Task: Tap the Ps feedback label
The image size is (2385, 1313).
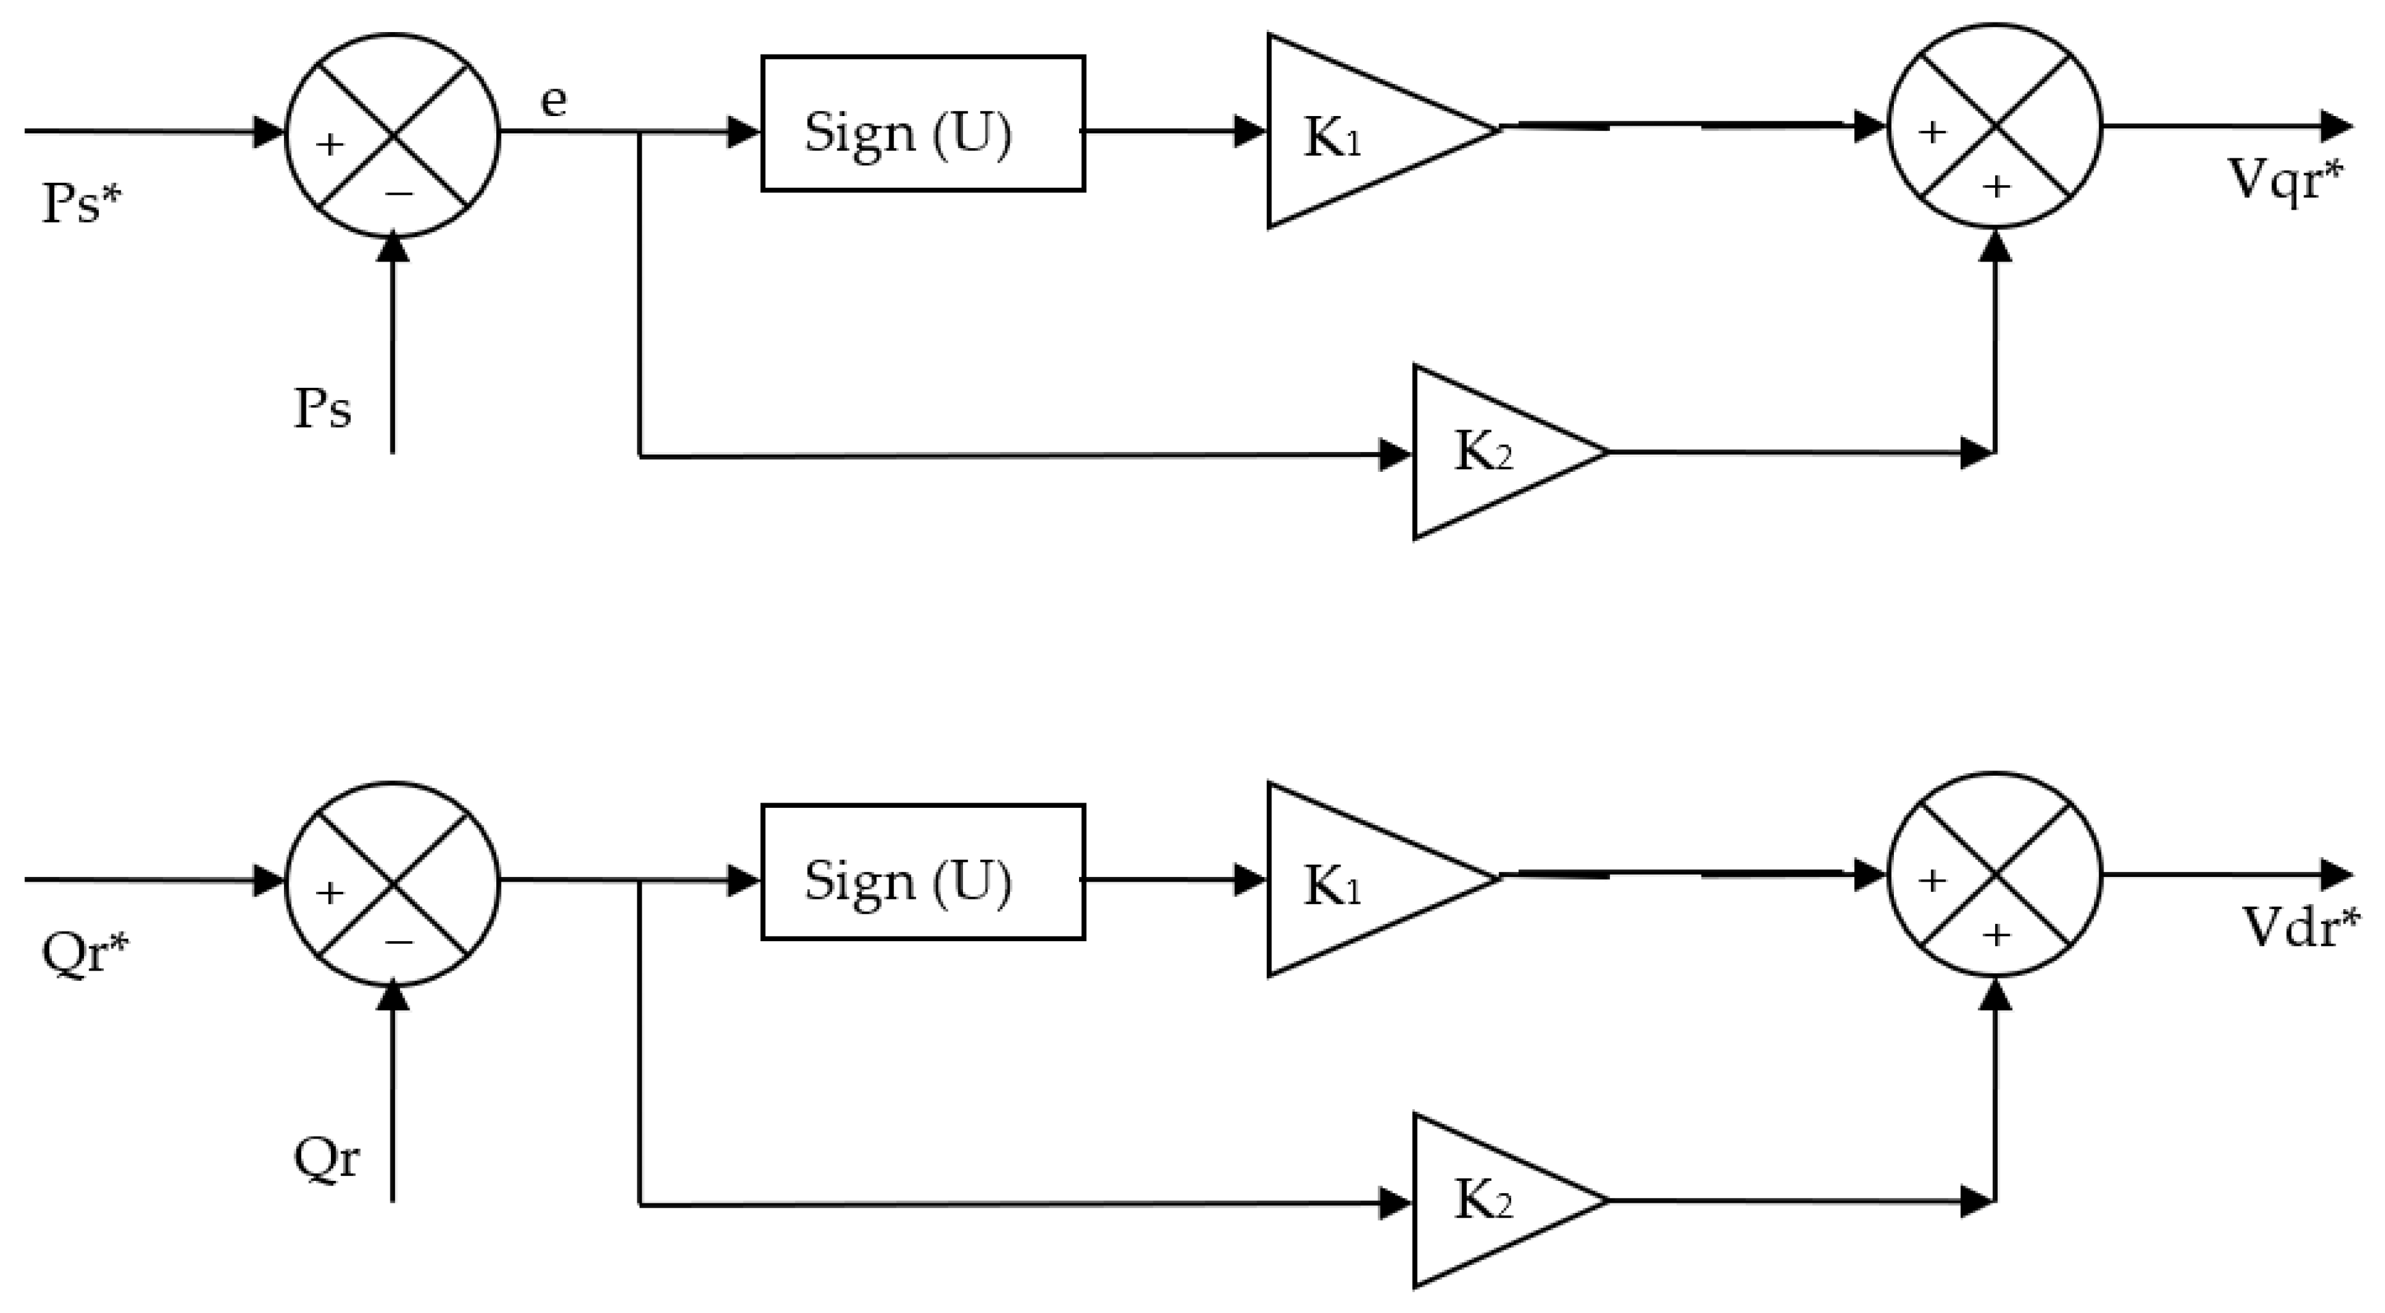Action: pos(322,408)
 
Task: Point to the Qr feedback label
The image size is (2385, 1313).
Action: pos(326,1157)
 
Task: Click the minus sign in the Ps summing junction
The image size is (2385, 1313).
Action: pos(399,194)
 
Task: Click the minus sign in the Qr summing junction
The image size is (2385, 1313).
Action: pos(399,942)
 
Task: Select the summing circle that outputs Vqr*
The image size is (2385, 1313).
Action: pos(1995,126)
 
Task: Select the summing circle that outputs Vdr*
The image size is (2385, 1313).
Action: pos(1995,874)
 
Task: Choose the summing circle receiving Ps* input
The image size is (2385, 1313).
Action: pos(392,135)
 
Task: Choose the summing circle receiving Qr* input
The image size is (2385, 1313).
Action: pos(392,883)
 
